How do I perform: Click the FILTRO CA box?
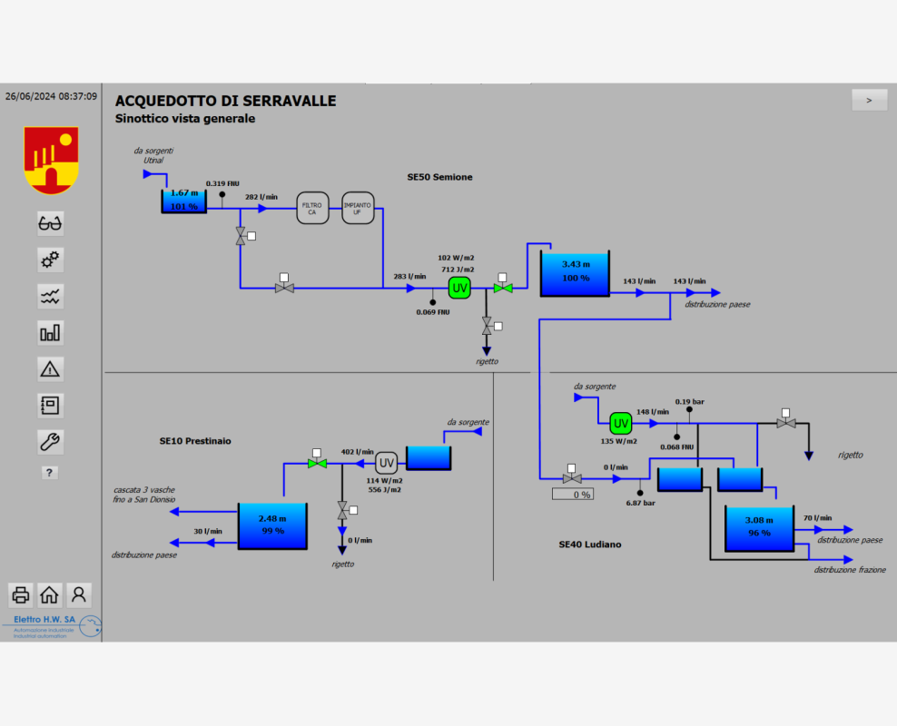tap(311, 209)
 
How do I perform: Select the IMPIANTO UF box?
tap(357, 209)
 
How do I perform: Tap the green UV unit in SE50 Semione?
tap(460, 289)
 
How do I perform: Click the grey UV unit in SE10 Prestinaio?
tap(387, 461)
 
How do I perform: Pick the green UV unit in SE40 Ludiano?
tap(621, 423)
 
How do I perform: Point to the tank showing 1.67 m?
tap(184, 201)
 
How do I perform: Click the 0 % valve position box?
tap(573, 495)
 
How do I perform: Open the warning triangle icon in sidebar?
tap(50, 368)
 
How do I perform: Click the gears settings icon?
tap(50, 260)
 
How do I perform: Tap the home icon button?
tap(50, 595)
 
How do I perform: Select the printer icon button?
tap(21, 595)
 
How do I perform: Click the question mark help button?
tap(50, 473)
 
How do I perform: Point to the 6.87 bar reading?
tap(641, 503)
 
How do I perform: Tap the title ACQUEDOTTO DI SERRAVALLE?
tap(225, 101)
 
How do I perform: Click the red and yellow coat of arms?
tap(51, 159)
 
